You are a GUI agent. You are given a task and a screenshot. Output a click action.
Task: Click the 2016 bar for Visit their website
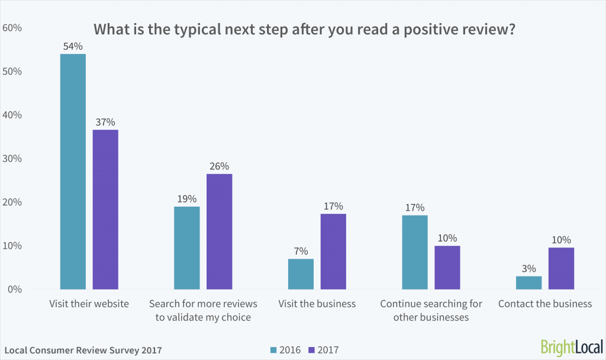pos(73,172)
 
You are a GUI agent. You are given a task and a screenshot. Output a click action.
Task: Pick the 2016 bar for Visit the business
pos(301,274)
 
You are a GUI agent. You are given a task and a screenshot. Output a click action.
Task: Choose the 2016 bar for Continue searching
pos(414,252)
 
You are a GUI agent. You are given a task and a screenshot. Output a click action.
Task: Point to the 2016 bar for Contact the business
pos(528,282)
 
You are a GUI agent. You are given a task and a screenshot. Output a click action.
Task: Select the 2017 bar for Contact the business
pos(560,268)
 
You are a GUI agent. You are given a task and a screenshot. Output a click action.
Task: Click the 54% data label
pos(73,46)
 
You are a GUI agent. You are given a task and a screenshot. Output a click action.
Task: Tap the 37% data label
pos(105,121)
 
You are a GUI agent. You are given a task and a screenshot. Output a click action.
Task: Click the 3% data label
pos(528,268)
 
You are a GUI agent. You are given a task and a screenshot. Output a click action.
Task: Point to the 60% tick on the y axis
pos(13,28)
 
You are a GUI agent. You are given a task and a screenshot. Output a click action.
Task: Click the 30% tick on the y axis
pos(13,159)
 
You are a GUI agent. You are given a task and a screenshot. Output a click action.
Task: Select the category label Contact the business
pos(544,304)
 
